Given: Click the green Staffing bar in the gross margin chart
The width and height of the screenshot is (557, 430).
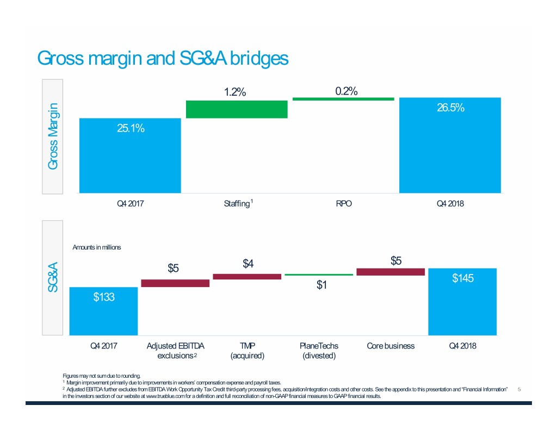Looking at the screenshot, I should pyautogui.click(x=237, y=109).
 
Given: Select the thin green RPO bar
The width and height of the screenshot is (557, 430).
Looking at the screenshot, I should pyautogui.click(x=343, y=99).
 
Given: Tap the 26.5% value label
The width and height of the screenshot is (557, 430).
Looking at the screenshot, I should pyautogui.click(x=450, y=108).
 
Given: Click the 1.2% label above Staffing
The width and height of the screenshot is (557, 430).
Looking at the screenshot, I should pyautogui.click(x=235, y=92).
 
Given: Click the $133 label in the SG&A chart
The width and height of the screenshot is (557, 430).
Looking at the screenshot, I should pyautogui.click(x=103, y=297).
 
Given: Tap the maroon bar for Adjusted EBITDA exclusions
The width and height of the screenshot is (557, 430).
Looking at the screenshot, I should pyautogui.click(x=175, y=283).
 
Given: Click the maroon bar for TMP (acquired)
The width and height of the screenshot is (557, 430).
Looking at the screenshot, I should pyautogui.click(x=247, y=277).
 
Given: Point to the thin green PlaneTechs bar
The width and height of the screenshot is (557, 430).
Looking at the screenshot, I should pyautogui.click(x=319, y=275).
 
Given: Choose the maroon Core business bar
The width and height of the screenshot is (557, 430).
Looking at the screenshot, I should pyautogui.click(x=391, y=272).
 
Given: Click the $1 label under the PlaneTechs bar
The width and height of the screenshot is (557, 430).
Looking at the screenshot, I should pyautogui.click(x=322, y=285).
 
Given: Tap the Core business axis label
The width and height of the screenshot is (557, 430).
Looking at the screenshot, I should pyautogui.click(x=391, y=346).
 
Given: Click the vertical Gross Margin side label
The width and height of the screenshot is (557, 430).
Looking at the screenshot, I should pyautogui.click(x=53, y=136).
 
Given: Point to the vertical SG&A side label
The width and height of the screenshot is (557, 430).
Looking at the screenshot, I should pyautogui.click(x=53, y=278).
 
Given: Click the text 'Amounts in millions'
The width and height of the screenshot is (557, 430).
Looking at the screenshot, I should pyautogui.click(x=96, y=247).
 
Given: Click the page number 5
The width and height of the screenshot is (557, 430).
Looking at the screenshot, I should pyautogui.click(x=519, y=390).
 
